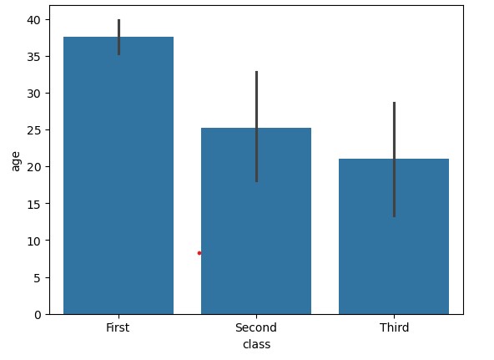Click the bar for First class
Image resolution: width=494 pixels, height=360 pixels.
coord(118,175)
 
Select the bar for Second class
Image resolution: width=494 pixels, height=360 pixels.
coord(256,221)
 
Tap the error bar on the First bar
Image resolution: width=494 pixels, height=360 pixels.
coord(118,37)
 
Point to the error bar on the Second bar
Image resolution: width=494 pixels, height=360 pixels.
coord(256,125)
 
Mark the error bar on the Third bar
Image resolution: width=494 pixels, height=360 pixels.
coord(394,159)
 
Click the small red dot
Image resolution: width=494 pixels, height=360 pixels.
coord(199,252)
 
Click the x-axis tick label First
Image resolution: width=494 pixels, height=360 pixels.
coord(118,327)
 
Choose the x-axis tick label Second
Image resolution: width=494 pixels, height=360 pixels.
coord(256,327)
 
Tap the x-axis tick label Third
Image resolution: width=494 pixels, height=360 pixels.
coord(394,327)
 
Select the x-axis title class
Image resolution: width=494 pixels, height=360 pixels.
coord(256,344)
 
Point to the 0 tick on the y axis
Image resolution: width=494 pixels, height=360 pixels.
coord(37,314)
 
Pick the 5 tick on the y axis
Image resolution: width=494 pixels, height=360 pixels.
coord(37,277)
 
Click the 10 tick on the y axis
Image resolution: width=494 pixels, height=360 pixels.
coord(34,241)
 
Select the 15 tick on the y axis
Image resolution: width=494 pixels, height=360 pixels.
coord(34,204)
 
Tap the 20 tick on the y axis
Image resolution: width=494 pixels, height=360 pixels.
coord(34,167)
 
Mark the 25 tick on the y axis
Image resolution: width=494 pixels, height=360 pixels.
coord(34,130)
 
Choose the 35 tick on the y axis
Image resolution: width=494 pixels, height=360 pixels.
coord(34,57)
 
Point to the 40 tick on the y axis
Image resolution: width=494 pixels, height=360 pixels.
coord(34,20)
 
